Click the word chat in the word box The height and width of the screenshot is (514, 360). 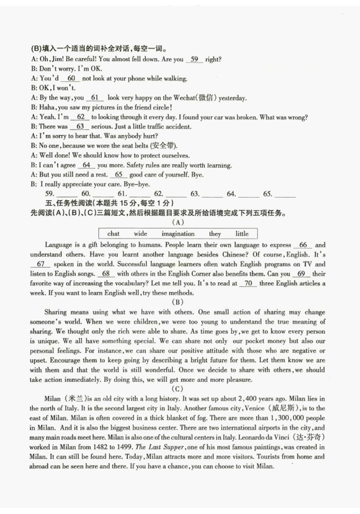[x=113, y=234]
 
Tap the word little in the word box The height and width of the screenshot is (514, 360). [x=242, y=234]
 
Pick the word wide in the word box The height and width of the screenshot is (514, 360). [x=140, y=234]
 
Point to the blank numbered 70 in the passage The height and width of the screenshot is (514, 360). [x=249, y=283]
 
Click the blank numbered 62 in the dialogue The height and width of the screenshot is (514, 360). [x=80, y=117]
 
